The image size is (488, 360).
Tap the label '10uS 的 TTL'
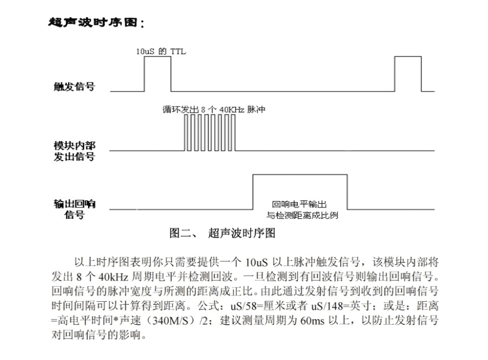click(161, 52)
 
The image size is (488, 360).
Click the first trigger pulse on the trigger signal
click(157, 74)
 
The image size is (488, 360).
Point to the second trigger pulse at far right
click(407, 74)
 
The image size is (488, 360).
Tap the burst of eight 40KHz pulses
click(210, 132)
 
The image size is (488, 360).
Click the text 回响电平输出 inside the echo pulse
click(300, 204)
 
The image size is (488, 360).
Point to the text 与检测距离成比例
click(301, 215)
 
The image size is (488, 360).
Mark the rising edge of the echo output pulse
click(254, 192)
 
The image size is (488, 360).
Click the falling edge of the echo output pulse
click(347, 192)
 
